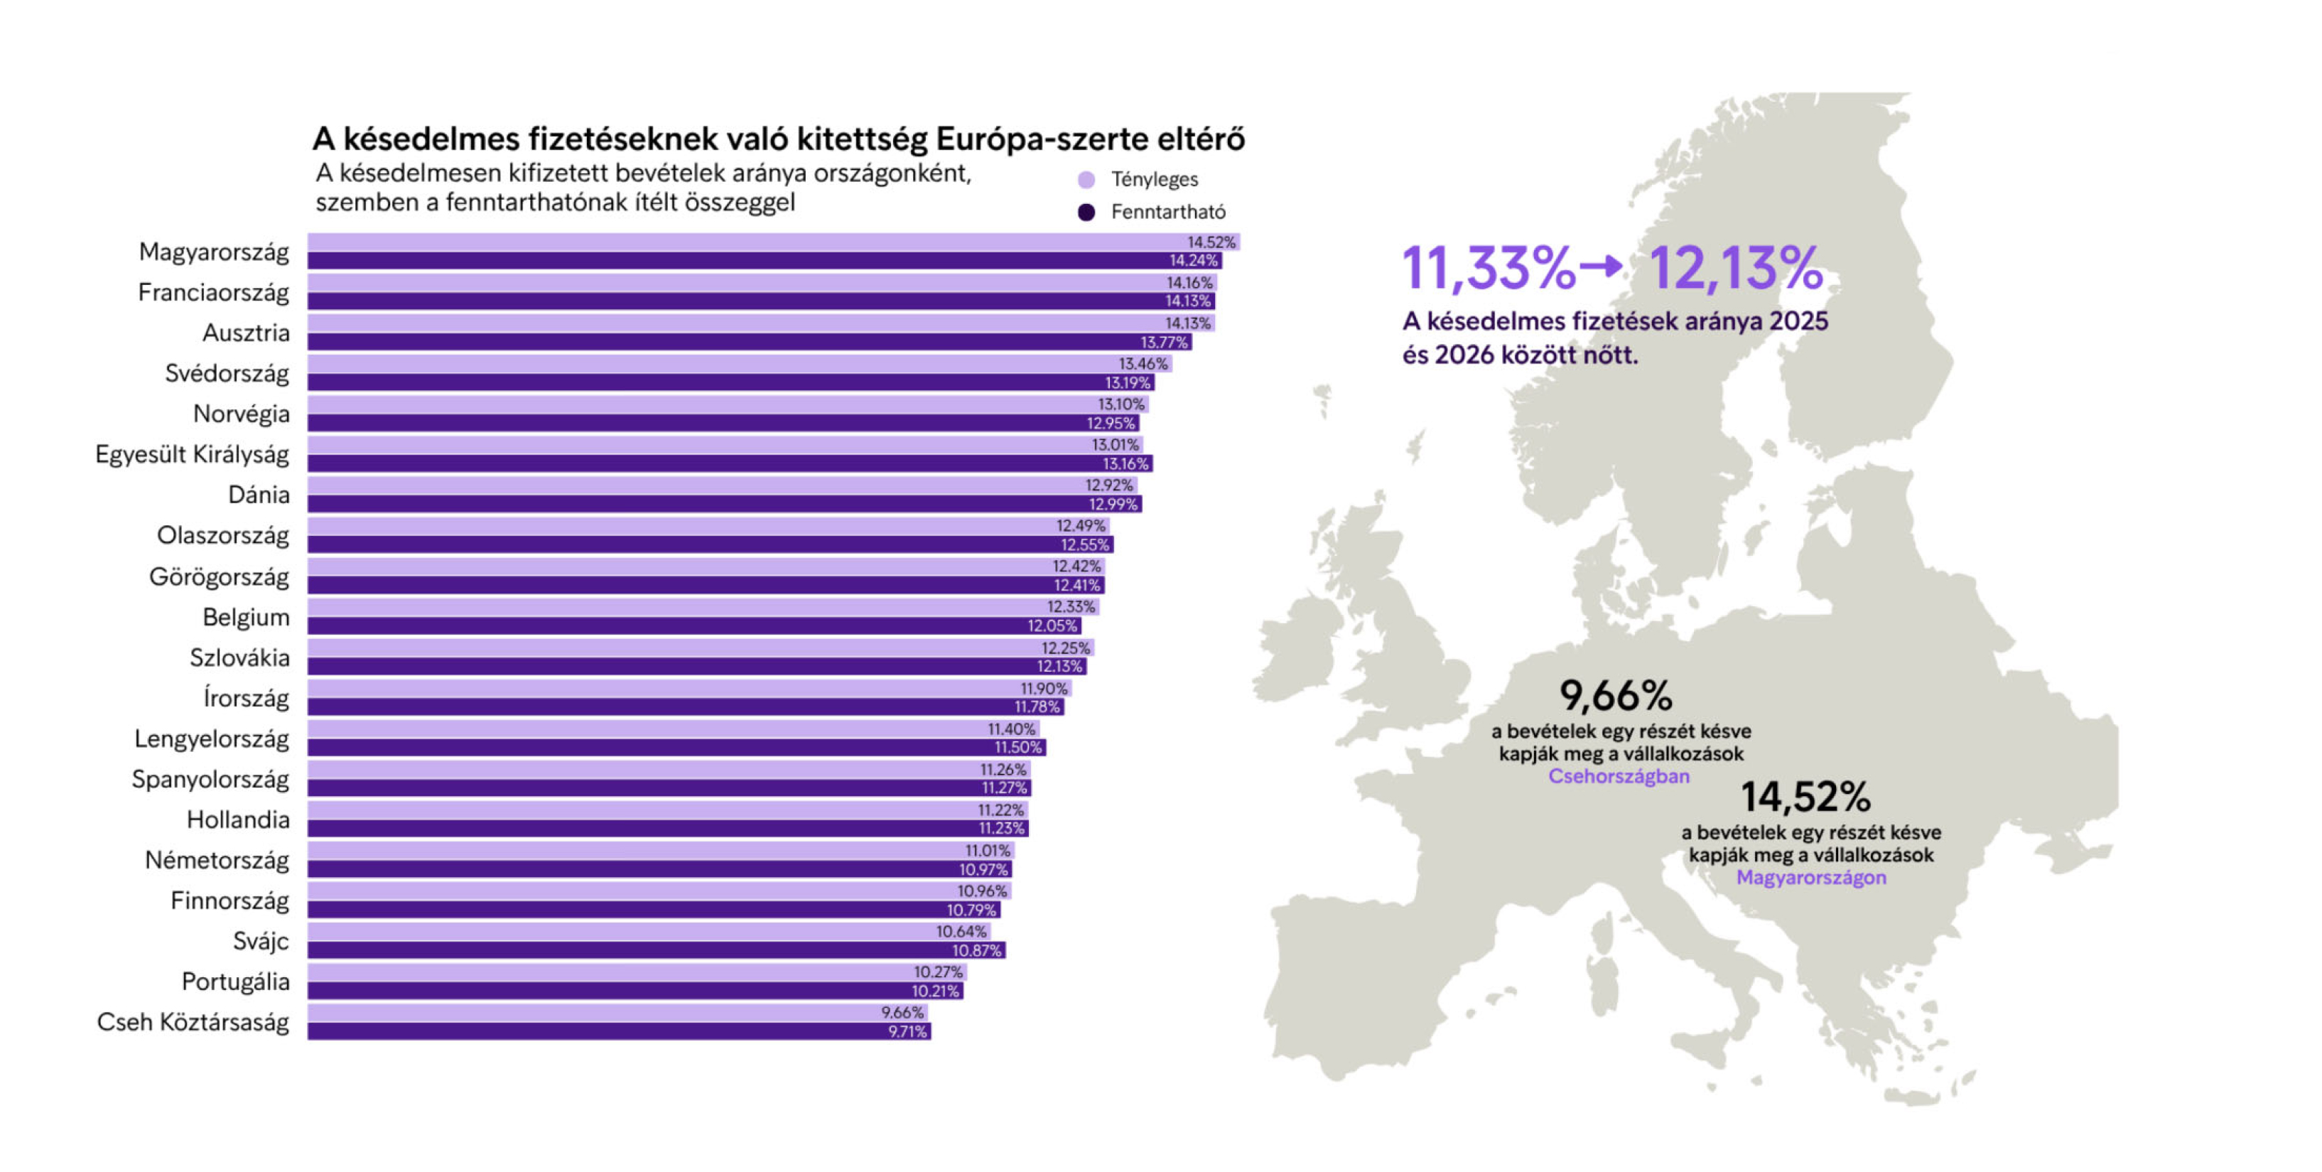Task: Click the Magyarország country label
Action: pos(214,252)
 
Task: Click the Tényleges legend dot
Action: pos(1086,179)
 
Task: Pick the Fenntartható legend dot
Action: pos(1086,212)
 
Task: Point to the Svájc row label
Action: pos(261,940)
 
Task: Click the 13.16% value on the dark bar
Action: pos(1126,463)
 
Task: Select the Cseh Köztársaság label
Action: pos(193,1021)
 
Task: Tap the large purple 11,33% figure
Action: pos(1489,268)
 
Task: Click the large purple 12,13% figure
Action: pos(1736,268)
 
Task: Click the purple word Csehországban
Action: pos(1619,776)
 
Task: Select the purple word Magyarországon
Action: pos(1811,877)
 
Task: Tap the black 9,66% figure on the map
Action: pos(1615,695)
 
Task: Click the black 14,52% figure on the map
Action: pos(1805,797)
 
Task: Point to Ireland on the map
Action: pos(1298,649)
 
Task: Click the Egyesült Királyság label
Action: pos(192,454)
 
